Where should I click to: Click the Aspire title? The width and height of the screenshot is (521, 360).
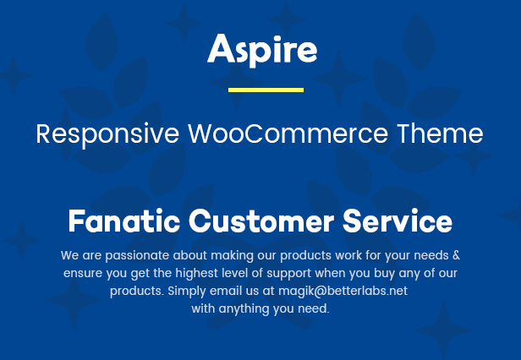[262, 50]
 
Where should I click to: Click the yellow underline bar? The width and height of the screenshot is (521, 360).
[266, 90]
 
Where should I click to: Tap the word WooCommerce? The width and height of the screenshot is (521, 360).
[288, 134]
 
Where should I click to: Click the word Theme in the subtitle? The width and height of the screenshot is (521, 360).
[441, 134]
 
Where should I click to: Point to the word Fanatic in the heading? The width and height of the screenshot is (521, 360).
[124, 221]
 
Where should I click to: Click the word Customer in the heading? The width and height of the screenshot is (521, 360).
[261, 221]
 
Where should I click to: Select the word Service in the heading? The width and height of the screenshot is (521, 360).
[398, 221]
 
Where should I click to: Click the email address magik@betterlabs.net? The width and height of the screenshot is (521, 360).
[343, 291]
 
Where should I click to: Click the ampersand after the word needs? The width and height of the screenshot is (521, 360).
[456, 255]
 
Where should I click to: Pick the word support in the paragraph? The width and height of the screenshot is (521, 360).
[289, 274]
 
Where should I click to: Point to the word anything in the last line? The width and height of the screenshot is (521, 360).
[244, 309]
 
